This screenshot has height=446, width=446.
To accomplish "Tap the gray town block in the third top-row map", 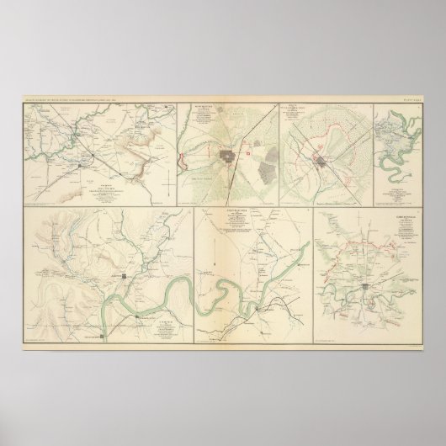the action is point(325,161).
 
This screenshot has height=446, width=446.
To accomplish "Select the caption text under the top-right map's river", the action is point(388,191).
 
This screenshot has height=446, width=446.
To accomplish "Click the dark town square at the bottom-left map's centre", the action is point(123,276).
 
